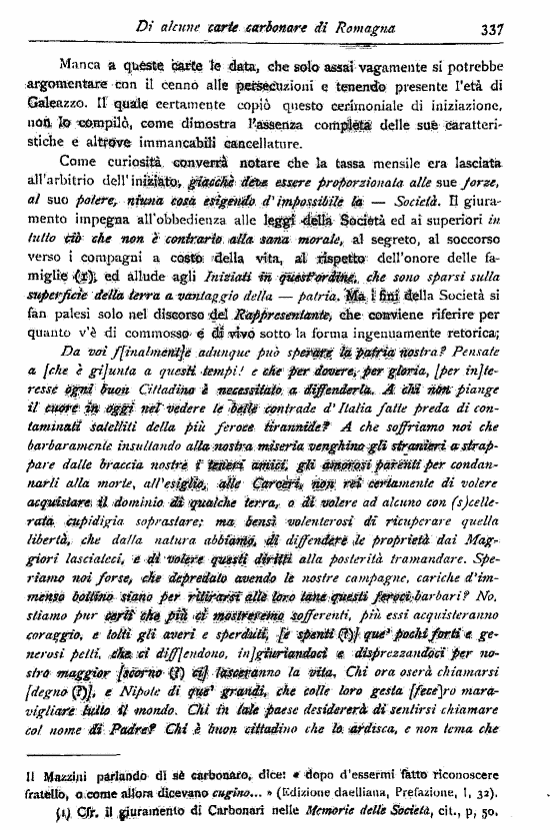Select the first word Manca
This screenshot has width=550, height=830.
point(81,66)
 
